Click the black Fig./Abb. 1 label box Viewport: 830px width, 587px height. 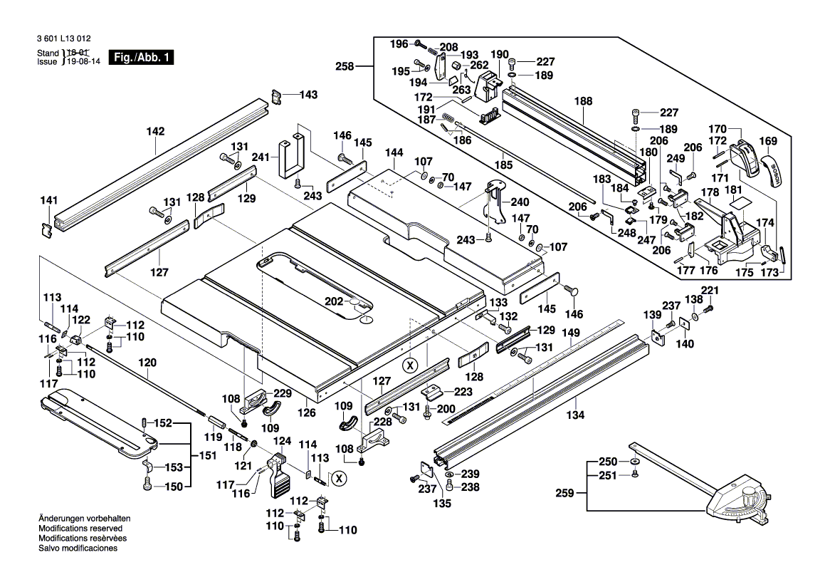click(x=140, y=58)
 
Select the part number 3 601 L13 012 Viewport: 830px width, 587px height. click(x=63, y=40)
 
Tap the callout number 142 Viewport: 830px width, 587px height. click(x=155, y=131)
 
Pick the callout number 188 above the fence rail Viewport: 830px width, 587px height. click(x=583, y=102)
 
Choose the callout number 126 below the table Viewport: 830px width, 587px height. click(x=306, y=412)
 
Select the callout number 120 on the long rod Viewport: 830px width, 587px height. click(x=147, y=362)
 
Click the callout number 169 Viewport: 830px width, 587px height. click(x=768, y=140)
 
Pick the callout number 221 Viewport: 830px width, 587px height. click(x=710, y=291)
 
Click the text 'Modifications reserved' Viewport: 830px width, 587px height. click(x=80, y=529)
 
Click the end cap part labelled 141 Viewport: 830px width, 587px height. click(x=48, y=229)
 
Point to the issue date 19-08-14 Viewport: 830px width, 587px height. click(x=80, y=62)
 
